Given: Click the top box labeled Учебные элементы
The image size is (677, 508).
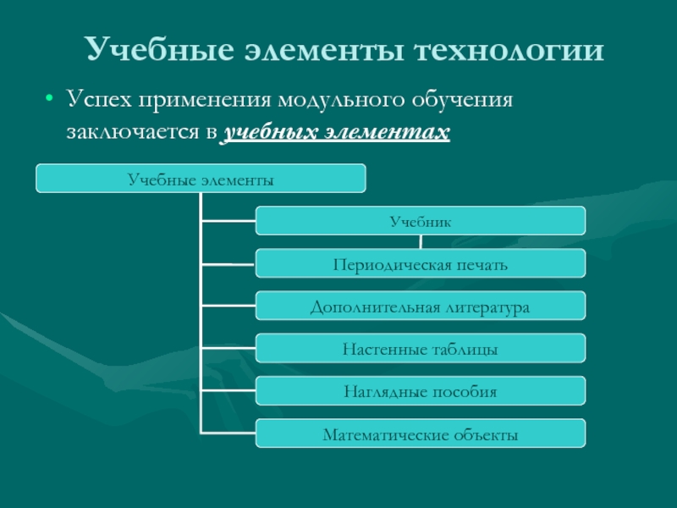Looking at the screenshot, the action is point(201,179).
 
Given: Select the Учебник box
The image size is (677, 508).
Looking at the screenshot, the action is point(420,221).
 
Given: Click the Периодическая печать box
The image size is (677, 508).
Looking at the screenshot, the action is point(420,263).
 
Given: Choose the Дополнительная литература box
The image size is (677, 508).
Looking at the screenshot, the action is point(420,306).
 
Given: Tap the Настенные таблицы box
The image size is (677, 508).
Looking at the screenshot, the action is point(420,348).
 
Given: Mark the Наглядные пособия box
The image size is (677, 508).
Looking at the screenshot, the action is point(420,391).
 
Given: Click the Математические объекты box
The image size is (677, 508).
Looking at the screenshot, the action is point(420,434).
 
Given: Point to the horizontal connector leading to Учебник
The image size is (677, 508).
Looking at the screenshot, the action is point(228,222).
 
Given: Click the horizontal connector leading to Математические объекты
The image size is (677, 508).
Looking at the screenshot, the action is point(228,434).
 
